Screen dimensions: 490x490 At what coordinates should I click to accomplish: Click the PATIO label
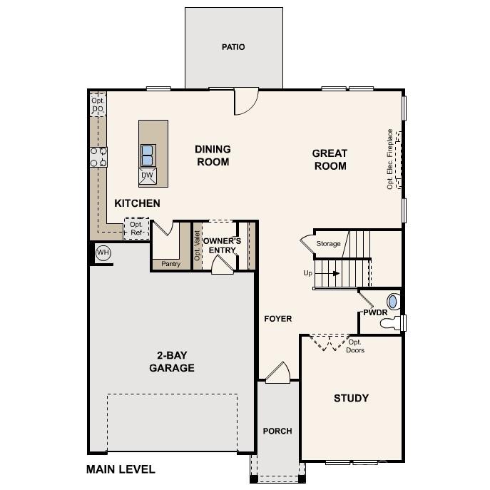(233, 47)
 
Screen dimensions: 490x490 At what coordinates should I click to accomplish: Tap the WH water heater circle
(103, 252)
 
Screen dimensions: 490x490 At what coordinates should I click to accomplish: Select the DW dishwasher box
(147, 175)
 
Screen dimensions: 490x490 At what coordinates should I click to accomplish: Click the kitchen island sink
(147, 154)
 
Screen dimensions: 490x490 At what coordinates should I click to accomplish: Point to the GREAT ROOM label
(329, 160)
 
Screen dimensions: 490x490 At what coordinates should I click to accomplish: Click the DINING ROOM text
(213, 155)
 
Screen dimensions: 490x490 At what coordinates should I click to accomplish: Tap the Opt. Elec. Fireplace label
(389, 158)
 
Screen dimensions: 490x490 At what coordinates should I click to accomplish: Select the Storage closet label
(329, 244)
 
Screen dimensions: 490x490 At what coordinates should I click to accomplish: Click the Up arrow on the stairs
(330, 273)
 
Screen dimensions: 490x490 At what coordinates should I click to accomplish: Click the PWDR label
(374, 312)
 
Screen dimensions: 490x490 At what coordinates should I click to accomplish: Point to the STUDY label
(351, 398)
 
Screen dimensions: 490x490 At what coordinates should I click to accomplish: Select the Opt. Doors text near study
(355, 346)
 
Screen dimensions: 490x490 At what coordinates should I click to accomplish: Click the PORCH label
(277, 431)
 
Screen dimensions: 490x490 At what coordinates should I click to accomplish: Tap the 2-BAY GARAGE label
(171, 362)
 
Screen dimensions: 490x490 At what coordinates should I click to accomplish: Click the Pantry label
(170, 264)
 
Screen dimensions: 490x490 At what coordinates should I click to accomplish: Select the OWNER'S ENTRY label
(223, 245)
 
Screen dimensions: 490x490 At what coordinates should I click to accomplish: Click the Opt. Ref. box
(136, 228)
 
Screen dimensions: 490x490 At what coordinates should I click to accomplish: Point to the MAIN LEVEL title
(121, 469)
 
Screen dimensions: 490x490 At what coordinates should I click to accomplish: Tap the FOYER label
(277, 319)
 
